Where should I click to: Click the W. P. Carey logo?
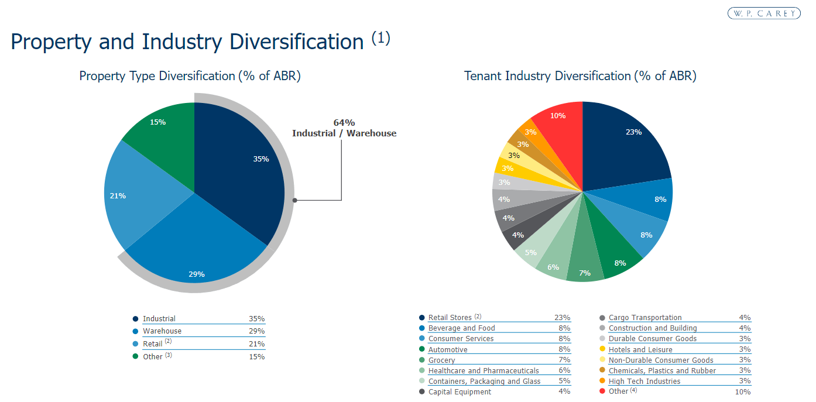click(x=764, y=13)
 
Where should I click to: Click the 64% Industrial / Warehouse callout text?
click(x=344, y=128)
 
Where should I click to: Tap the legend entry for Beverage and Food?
click(x=461, y=328)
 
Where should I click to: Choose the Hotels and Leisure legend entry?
click(x=640, y=349)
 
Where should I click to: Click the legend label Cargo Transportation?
click(x=645, y=318)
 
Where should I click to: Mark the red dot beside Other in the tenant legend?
click(x=602, y=391)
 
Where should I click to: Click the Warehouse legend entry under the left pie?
click(x=162, y=331)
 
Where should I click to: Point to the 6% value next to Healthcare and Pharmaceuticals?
click(x=564, y=370)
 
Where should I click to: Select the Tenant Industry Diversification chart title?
click(x=580, y=76)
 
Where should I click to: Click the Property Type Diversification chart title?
click(x=190, y=76)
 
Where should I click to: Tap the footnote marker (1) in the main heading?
click(x=380, y=39)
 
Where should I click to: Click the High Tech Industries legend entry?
click(x=644, y=381)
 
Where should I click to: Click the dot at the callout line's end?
click(x=295, y=200)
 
